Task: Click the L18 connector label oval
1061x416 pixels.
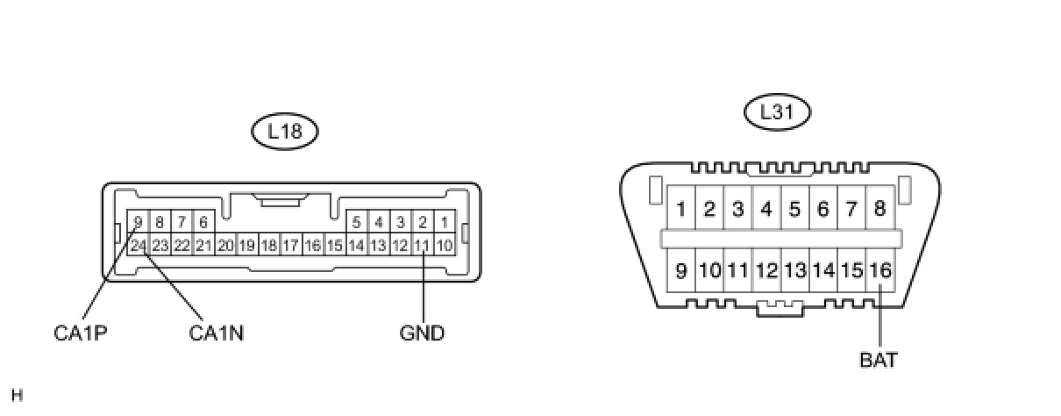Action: (x=283, y=132)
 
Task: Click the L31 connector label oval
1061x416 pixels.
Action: (x=777, y=112)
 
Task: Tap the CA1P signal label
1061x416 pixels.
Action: (x=81, y=334)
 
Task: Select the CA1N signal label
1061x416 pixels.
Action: (x=217, y=334)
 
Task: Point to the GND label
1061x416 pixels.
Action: (x=422, y=334)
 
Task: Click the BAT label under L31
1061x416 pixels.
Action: (x=879, y=360)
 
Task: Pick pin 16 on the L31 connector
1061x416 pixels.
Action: (x=879, y=271)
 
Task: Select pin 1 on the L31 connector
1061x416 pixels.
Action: (x=681, y=210)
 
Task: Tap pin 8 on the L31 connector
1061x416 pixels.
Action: (x=879, y=210)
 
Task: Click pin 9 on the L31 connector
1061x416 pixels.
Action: (x=681, y=271)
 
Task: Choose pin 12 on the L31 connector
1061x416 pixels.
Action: (x=766, y=271)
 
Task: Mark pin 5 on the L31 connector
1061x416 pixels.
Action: (x=794, y=210)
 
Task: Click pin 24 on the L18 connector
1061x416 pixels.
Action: (x=138, y=246)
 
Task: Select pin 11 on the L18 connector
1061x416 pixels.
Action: (x=422, y=246)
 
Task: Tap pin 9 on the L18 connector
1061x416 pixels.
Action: (x=138, y=222)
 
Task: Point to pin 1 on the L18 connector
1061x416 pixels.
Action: (x=444, y=222)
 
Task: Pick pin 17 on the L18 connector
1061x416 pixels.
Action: (x=291, y=246)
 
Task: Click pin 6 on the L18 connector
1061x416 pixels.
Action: (x=203, y=222)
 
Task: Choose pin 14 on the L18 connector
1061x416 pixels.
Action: (x=356, y=246)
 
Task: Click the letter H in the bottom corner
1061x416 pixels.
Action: (x=18, y=396)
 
